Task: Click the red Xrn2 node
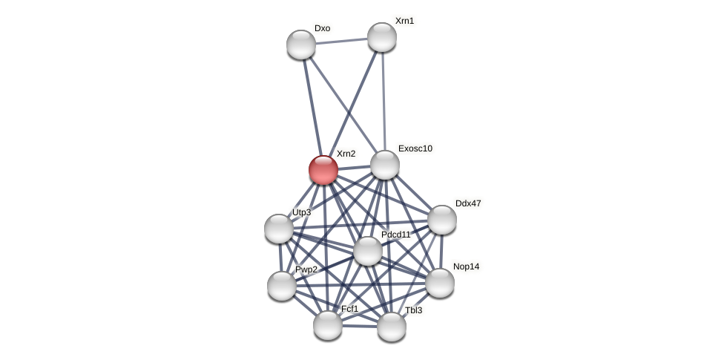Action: coord(323,170)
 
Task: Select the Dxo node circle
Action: coord(301,45)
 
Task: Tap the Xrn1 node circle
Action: coord(382,37)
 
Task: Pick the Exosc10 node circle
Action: coord(385,165)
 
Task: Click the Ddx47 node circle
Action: coord(442,220)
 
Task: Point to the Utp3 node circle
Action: coord(279,229)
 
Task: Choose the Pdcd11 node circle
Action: coord(368,251)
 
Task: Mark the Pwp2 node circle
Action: coord(282,286)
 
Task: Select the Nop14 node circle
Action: coord(440,283)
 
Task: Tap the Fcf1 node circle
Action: coord(328,325)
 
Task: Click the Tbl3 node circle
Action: coord(392,327)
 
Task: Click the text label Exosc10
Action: coord(415,148)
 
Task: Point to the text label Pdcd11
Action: coord(396,235)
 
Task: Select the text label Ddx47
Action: coord(468,203)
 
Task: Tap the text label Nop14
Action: coord(467,266)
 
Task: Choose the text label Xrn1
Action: coord(404,21)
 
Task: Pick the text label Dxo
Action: coord(322,28)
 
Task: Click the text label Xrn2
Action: coord(346,154)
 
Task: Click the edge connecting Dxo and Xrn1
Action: coord(341,41)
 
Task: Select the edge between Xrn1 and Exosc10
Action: coord(384,100)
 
